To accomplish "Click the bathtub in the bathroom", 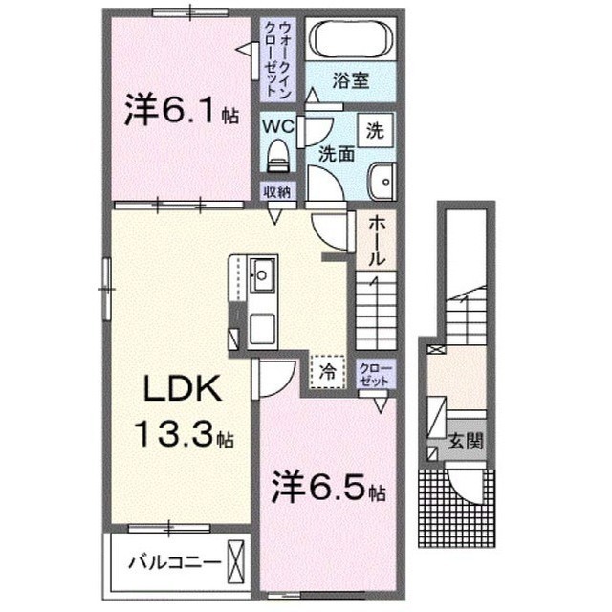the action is (351, 38).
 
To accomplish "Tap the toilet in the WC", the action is (277, 155).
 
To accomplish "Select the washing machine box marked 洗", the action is (375, 130).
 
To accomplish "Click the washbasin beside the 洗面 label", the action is (382, 182).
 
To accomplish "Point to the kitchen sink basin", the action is (262, 274).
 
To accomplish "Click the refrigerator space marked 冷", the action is (327, 371).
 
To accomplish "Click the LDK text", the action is (183, 389).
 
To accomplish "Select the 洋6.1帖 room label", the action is (181, 111).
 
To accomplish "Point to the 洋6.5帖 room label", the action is (329, 489).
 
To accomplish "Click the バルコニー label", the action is (174, 562).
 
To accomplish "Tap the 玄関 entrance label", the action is (466, 441).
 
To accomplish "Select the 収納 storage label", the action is (276, 192).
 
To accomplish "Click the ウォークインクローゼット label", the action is (278, 59).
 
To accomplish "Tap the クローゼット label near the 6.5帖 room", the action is (377, 375).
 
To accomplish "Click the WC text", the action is (278, 126).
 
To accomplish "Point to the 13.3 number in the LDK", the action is (176, 435).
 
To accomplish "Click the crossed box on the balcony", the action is (236, 562).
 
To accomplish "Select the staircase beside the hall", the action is (376, 310).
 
